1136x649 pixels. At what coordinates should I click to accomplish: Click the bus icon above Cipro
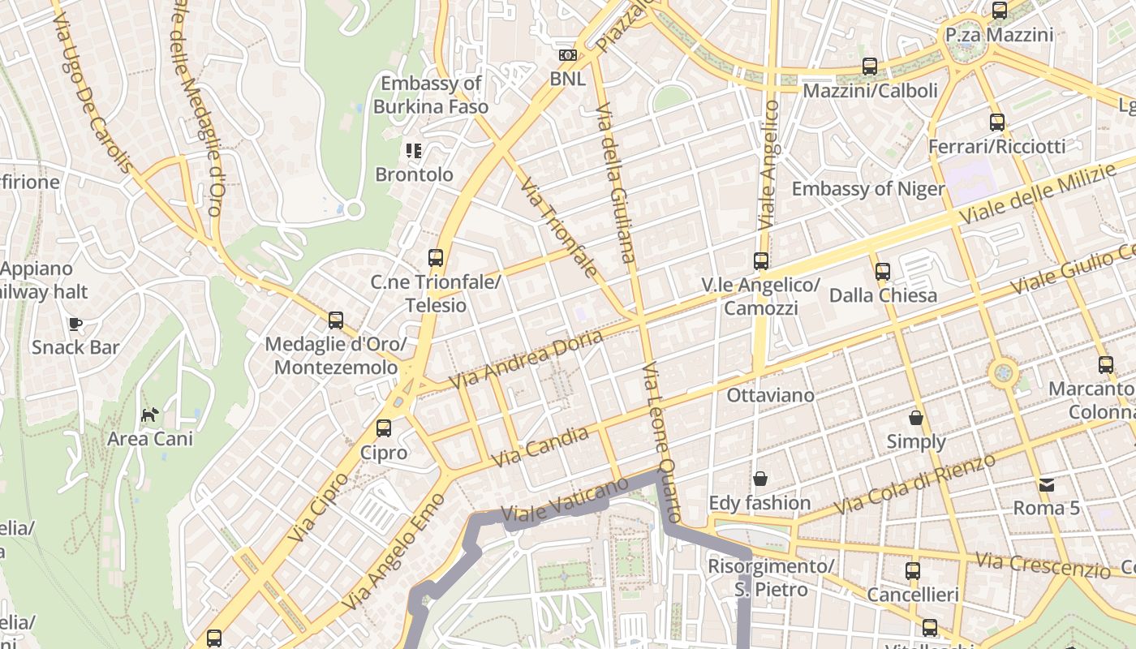383,428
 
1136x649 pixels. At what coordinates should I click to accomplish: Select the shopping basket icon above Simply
916,418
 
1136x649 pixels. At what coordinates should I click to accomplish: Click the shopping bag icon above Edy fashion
760,479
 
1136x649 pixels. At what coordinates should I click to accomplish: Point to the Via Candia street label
540,448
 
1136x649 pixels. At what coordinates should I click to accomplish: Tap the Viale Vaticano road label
565,500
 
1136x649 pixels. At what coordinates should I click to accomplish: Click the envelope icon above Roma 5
1047,484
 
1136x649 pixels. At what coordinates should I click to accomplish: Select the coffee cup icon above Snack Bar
75,324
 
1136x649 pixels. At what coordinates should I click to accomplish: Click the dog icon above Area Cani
150,415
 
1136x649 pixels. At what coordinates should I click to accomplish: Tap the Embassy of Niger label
868,189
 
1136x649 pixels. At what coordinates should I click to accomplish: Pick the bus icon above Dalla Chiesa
883,271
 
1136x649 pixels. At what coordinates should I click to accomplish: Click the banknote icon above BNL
568,55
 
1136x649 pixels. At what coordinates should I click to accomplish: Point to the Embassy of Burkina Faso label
431,95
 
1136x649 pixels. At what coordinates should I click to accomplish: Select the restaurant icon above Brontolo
414,151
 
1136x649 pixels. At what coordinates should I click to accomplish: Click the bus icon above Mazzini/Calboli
870,67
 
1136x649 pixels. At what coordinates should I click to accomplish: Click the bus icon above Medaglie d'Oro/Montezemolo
336,320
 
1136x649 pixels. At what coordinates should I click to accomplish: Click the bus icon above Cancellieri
913,571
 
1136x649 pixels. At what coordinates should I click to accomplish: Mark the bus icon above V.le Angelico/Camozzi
761,261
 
